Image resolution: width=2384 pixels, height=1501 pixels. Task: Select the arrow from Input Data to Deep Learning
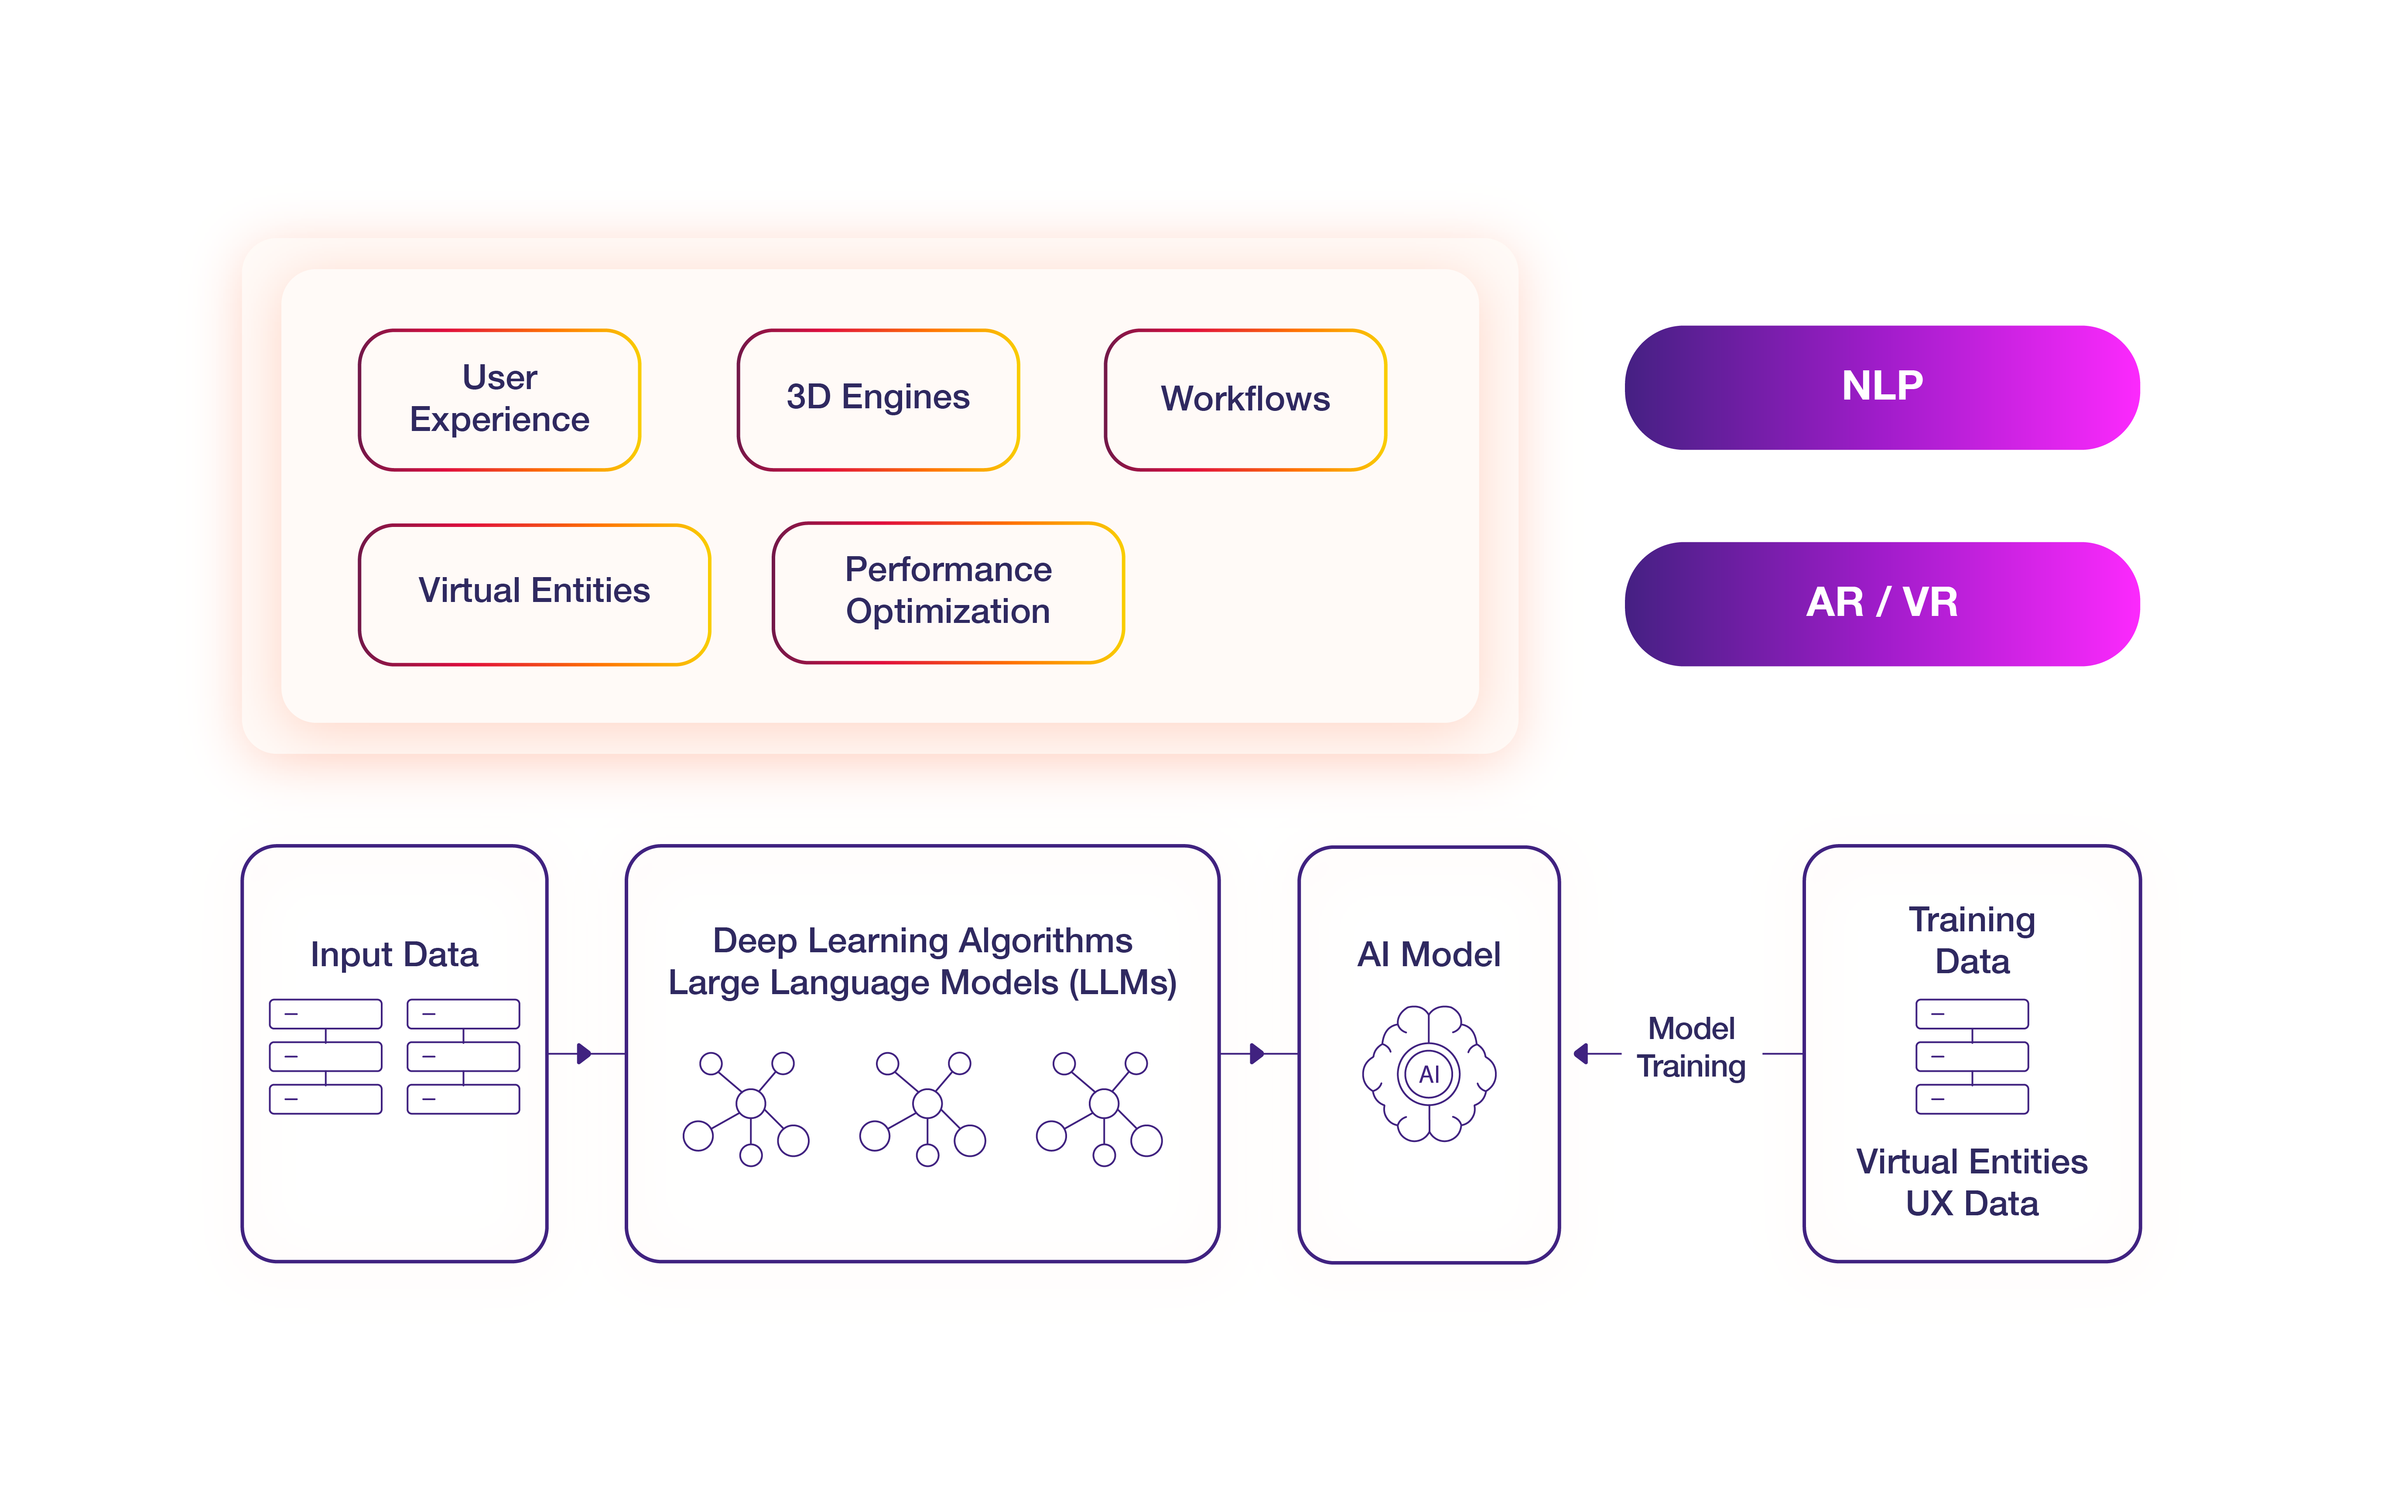click(x=586, y=1053)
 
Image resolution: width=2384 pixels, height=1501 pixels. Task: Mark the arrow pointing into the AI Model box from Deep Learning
click(x=1259, y=1053)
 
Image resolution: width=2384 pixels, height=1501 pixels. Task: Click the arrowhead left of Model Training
click(x=1581, y=1053)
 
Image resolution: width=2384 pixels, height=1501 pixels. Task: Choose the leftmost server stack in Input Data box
click(x=326, y=1057)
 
